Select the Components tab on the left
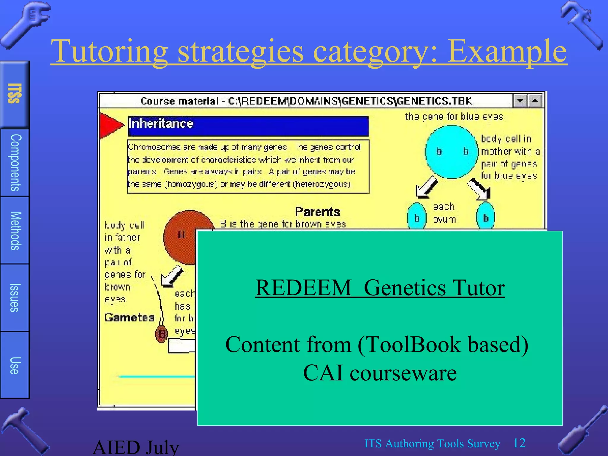(15, 162)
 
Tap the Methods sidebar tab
(15, 231)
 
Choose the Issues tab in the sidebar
(15, 297)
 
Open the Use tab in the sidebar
(15, 365)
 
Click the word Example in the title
(507, 51)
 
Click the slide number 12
(519, 443)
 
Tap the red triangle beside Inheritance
(110, 125)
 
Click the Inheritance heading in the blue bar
(161, 123)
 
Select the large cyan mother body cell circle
(452, 152)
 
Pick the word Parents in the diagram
(317, 212)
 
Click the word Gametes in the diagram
(129, 317)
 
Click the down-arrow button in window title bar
(520, 101)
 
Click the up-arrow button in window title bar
(535, 101)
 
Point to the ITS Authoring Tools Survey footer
(432, 444)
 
